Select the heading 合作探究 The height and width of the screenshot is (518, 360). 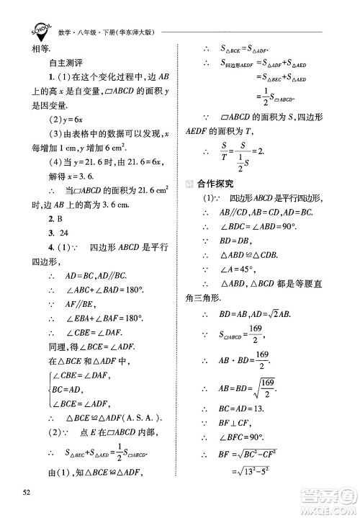point(229,183)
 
